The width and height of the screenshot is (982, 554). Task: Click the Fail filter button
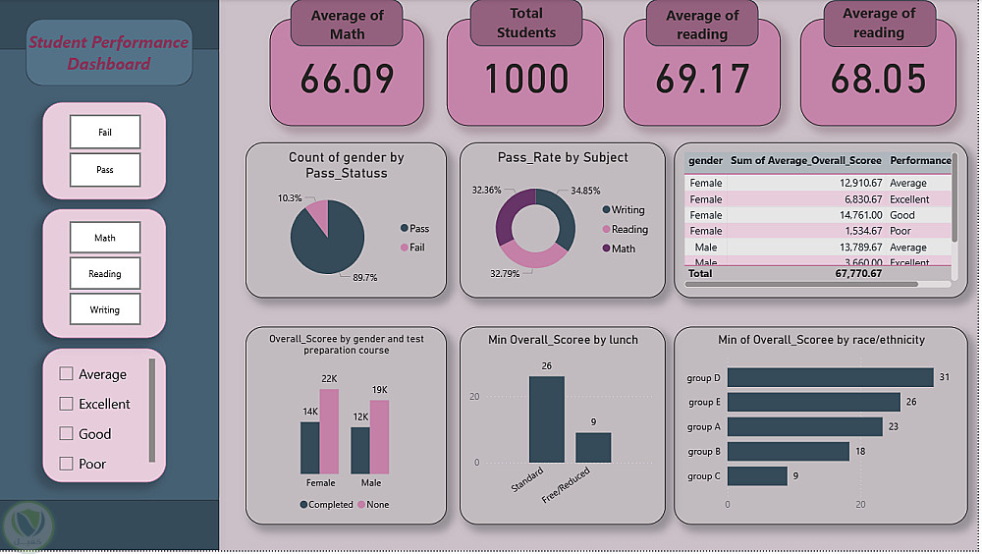point(105,132)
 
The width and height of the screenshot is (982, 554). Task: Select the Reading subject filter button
point(105,273)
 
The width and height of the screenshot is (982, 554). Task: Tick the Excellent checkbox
point(67,404)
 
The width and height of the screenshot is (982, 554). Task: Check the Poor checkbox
point(67,464)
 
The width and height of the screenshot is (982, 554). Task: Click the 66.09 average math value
point(347,80)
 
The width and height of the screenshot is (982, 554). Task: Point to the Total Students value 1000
point(525,80)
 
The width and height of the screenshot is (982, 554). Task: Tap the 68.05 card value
point(878,80)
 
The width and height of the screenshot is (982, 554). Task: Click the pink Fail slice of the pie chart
point(316,213)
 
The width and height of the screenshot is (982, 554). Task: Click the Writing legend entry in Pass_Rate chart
point(627,209)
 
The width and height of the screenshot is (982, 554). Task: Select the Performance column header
point(920,160)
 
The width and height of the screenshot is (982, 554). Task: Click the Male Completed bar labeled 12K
point(360,449)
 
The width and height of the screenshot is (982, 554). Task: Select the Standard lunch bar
point(546,418)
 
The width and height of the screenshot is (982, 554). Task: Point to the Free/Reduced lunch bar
point(593,447)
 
